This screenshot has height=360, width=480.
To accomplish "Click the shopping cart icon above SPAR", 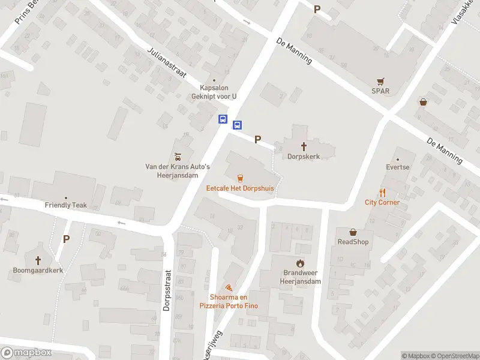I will [x=380, y=82].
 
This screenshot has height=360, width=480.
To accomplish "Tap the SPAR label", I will [x=380, y=91].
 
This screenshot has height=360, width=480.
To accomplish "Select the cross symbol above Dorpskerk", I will [x=304, y=146].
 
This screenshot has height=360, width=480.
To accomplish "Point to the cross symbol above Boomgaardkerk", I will [x=38, y=260].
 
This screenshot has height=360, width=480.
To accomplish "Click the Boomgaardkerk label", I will [x=38, y=270].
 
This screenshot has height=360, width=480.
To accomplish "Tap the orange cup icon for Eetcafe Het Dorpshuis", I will [x=240, y=178].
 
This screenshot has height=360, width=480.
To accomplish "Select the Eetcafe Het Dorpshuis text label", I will [x=240, y=188].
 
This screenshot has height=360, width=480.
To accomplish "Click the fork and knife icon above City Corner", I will [x=382, y=193].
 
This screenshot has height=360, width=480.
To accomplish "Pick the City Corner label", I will [x=382, y=202].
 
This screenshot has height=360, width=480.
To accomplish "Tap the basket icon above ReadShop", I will [x=353, y=232].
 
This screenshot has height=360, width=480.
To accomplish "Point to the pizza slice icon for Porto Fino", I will [x=228, y=288].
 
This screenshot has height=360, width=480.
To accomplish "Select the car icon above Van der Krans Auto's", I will [x=177, y=157].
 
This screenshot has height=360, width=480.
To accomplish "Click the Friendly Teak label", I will [x=66, y=205].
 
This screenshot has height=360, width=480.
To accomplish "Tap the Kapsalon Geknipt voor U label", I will [x=214, y=92].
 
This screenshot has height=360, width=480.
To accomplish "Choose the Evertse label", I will [x=398, y=167].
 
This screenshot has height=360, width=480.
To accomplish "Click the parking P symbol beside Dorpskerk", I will [x=257, y=139].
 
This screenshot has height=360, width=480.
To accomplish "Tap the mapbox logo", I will [x=26, y=353].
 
